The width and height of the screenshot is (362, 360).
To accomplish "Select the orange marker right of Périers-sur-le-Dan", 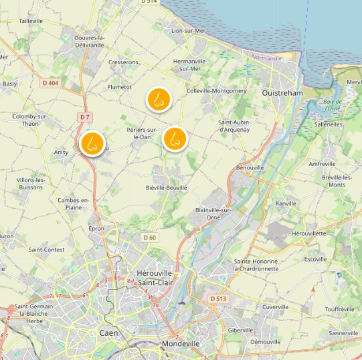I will click(175, 139).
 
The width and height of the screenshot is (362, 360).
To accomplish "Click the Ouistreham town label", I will click(283, 93).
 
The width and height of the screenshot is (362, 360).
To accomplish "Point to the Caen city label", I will click(108, 333).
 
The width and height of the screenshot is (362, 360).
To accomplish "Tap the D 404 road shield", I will click(50, 83).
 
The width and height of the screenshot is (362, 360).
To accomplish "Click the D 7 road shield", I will click(84, 117).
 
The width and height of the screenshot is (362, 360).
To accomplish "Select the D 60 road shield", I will click(149, 238).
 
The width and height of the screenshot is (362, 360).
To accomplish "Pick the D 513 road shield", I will click(217, 298).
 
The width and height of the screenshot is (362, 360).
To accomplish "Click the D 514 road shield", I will click(149, 3).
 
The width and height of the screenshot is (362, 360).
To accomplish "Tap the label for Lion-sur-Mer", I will click(187, 31).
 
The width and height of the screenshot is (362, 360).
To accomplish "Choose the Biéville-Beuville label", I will click(167, 188).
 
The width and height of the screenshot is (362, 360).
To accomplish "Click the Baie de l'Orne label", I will click(332, 104).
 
